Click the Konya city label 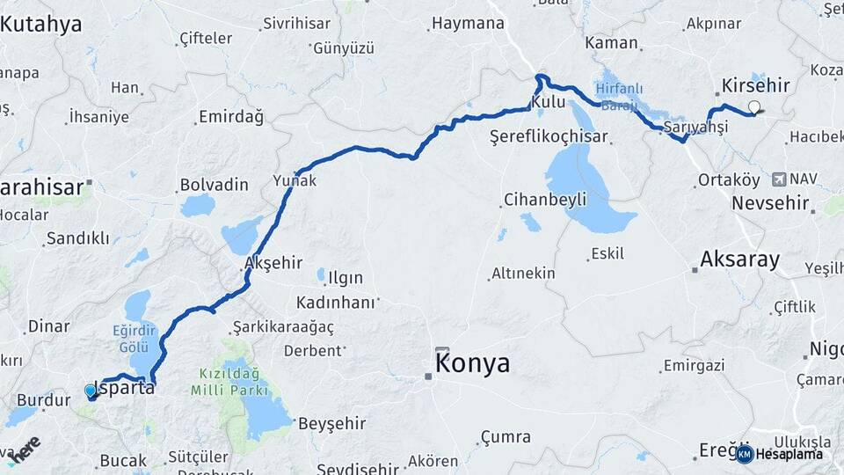click(x=473, y=363)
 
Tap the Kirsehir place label click(x=755, y=86)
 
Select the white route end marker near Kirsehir click(x=754, y=107)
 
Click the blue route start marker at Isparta click(x=91, y=391)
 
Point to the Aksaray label click(x=739, y=259)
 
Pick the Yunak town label click(x=295, y=180)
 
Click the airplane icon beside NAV click(x=778, y=179)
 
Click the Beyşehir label click(x=332, y=423)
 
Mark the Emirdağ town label click(x=231, y=117)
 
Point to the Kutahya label click(x=40, y=24)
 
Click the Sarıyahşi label click(x=696, y=128)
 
